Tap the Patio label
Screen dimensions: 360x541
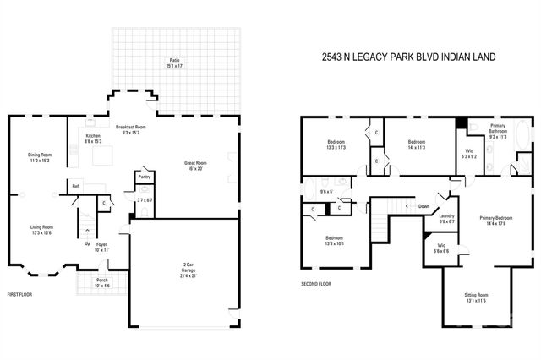(174, 61)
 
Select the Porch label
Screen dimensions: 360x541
(101, 281)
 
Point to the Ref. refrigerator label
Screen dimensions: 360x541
(75, 186)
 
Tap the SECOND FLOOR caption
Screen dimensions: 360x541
(316, 284)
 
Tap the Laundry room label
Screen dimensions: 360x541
(447, 216)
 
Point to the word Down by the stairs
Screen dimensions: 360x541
(424, 205)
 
